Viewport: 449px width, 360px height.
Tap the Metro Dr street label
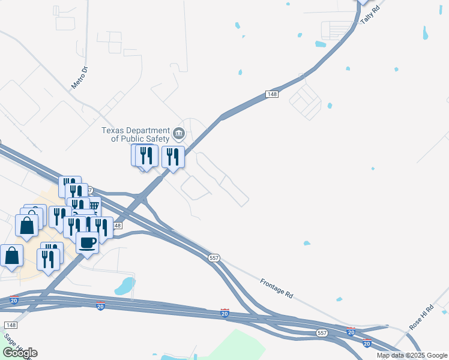pyautogui.click(x=80, y=77)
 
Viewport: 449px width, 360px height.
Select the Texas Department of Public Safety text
pyautogui.click(x=136, y=134)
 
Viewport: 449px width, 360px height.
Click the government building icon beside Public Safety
pyautogui.click(x=178, y=133)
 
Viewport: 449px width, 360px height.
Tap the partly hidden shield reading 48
pyautogui.click(x=116, y=226)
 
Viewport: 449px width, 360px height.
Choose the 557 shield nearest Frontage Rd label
pyautogui.click(x=214, y=257)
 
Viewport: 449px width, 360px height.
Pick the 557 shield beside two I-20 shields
pyautogui.click(x=322, y=332)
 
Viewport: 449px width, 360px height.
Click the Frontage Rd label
pyautogui.click(x=277, y=288)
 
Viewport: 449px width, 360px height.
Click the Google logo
pyautogui.click(x=20, y=353)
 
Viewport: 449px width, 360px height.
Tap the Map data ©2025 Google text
pyautogui.click(x=412, y=355)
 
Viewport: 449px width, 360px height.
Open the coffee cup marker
pyautogui.click(x=88, y=242)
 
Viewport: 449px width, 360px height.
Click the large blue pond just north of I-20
pyautogui.click(x=125, y=286)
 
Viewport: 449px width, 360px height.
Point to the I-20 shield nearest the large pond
pyautogui.click(x=100, y=307)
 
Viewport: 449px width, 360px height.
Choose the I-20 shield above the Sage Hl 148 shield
pyautogui.click(x=14, y=300)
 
